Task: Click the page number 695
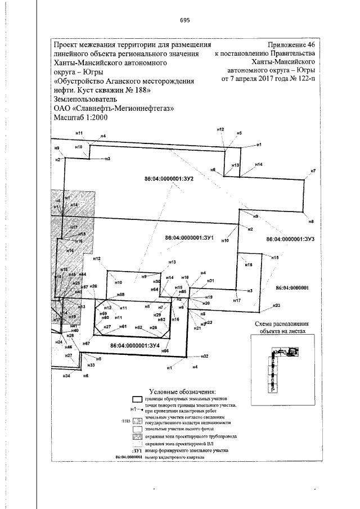point(185,20)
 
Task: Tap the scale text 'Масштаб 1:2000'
point(80,118)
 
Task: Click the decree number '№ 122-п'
point(301,79)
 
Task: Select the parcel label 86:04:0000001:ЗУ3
point(290,239)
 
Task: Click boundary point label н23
point(276,305)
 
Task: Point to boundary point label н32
point(205,357)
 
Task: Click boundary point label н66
point(165,350)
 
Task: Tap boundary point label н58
point(120,295)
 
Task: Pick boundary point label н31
point(210,280)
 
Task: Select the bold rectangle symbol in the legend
point(137,400)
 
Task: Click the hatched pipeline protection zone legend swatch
point(137,436)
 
